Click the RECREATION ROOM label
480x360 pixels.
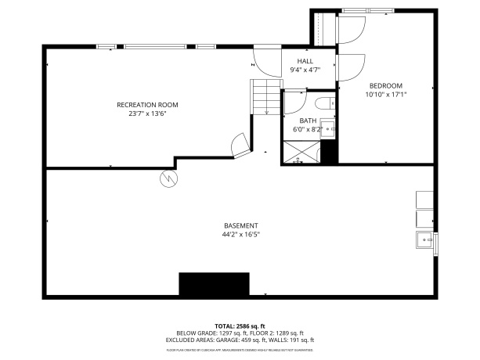147,105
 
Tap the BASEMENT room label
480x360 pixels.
240,225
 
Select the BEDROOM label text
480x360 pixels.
386,85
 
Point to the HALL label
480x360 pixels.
305,61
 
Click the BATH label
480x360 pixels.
308,121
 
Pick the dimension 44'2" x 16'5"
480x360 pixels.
240,234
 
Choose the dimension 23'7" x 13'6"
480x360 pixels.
147,113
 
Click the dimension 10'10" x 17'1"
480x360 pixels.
386,94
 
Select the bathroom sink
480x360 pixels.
329,128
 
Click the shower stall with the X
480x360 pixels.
301,152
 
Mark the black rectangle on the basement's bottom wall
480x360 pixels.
214,284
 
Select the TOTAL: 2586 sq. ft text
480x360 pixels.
240,326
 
